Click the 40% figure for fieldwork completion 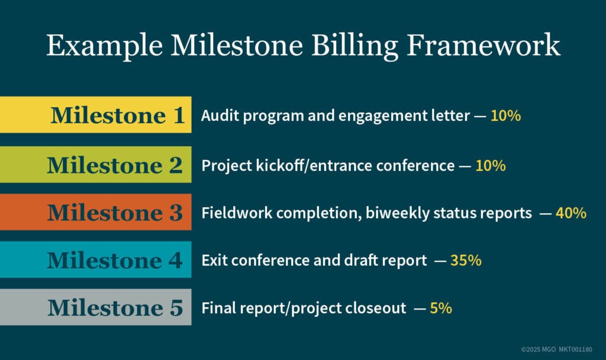(x=570, y=213)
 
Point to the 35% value (x=466, y=261)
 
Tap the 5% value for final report (x=441, y=308)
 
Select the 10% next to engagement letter (x=505, y=116)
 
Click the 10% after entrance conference (x=491, y=166)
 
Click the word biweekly (x=387, y=213)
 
